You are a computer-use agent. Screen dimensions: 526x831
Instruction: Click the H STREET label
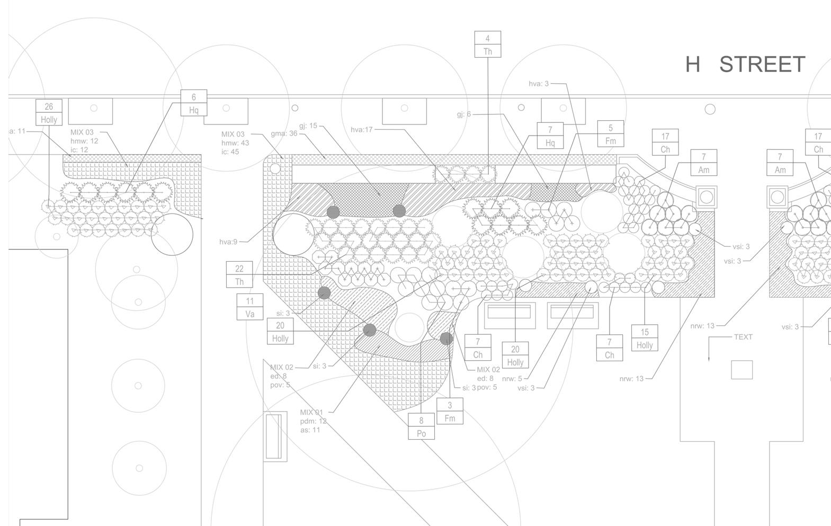745,64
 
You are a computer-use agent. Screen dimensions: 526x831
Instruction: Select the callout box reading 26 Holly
49,113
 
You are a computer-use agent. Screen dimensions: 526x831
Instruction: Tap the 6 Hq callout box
194,103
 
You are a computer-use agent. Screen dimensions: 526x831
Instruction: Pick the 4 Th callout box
487,44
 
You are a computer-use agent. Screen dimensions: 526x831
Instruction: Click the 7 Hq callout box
550,136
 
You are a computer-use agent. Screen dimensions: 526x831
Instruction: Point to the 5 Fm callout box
611,134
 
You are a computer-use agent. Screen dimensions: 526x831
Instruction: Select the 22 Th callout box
239,275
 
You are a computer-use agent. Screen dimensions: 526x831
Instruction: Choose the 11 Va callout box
250,307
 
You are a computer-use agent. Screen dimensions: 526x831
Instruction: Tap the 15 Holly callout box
645,338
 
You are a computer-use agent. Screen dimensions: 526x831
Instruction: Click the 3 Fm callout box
450,412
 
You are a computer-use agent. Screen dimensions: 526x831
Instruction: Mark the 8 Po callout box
421,427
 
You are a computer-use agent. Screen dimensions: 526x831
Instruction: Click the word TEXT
743,337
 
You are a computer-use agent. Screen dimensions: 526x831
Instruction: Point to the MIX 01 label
311,412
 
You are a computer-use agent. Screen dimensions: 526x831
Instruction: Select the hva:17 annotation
362,130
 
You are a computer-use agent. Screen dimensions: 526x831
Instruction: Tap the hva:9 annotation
229,242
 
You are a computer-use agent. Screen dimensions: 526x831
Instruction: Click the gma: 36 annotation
284,133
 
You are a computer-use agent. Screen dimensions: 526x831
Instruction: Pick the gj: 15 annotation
308,126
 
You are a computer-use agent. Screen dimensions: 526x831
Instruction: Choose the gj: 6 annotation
463,114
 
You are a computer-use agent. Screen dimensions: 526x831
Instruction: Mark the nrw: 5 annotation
512,379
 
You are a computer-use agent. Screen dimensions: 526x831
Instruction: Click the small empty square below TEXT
741,370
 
